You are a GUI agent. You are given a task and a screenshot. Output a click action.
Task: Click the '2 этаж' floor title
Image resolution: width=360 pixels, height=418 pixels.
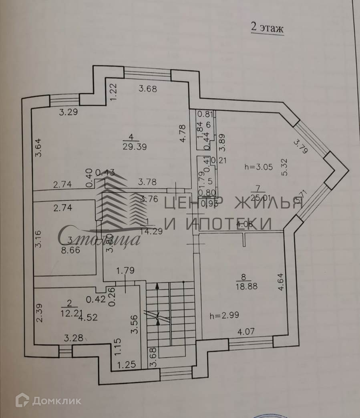pos(267,28)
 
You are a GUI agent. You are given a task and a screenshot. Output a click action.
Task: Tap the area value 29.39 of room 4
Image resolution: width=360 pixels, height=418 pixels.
pos(135,147)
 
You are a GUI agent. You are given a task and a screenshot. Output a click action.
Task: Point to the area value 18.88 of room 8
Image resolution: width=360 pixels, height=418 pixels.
pos(247,286)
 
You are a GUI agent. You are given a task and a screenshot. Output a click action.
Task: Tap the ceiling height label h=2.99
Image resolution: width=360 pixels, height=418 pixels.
pos(224,315)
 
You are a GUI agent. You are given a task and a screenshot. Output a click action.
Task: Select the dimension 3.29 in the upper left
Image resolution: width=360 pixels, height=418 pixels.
pos(68,113)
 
